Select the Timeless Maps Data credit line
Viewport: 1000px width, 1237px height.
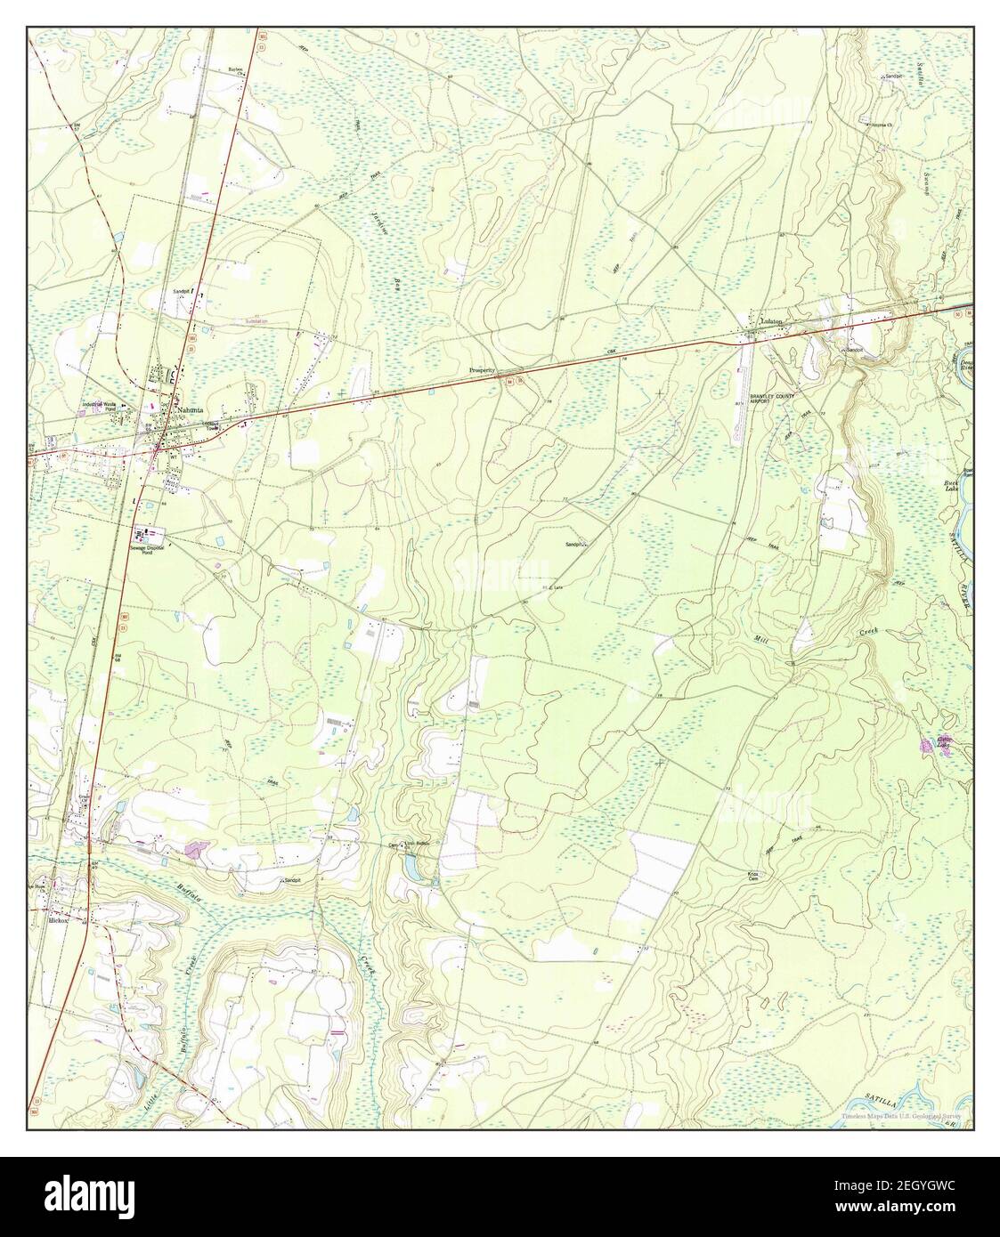point(906,1116)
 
